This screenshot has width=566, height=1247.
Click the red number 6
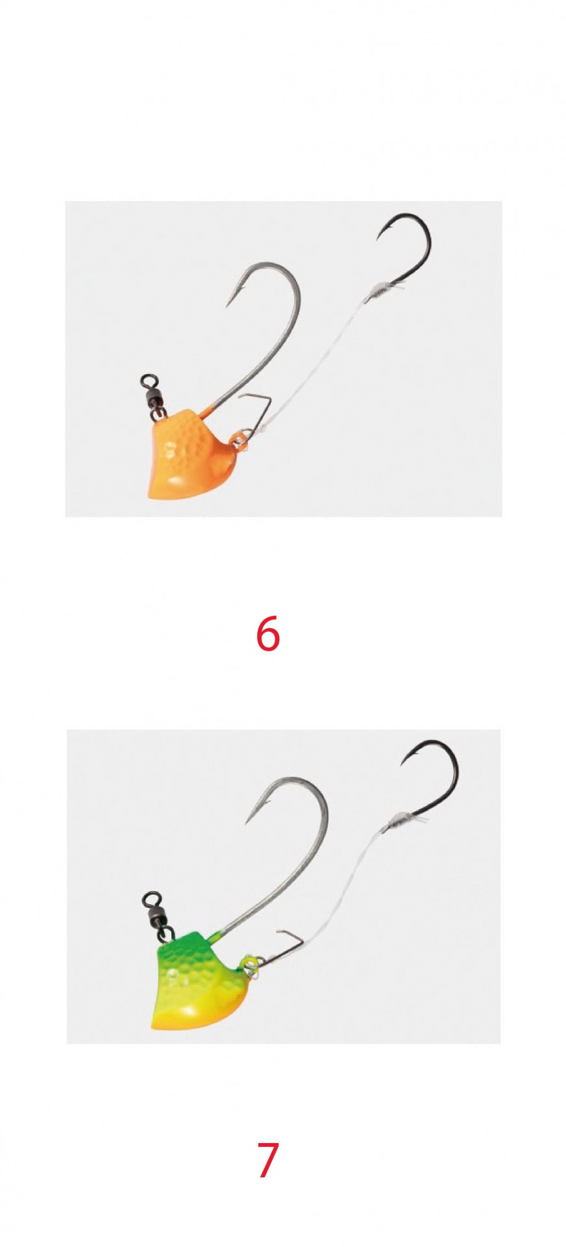pyautogui.click(x=267, y=633)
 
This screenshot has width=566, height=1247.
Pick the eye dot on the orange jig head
pyautogui.click(x=171, y=448)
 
